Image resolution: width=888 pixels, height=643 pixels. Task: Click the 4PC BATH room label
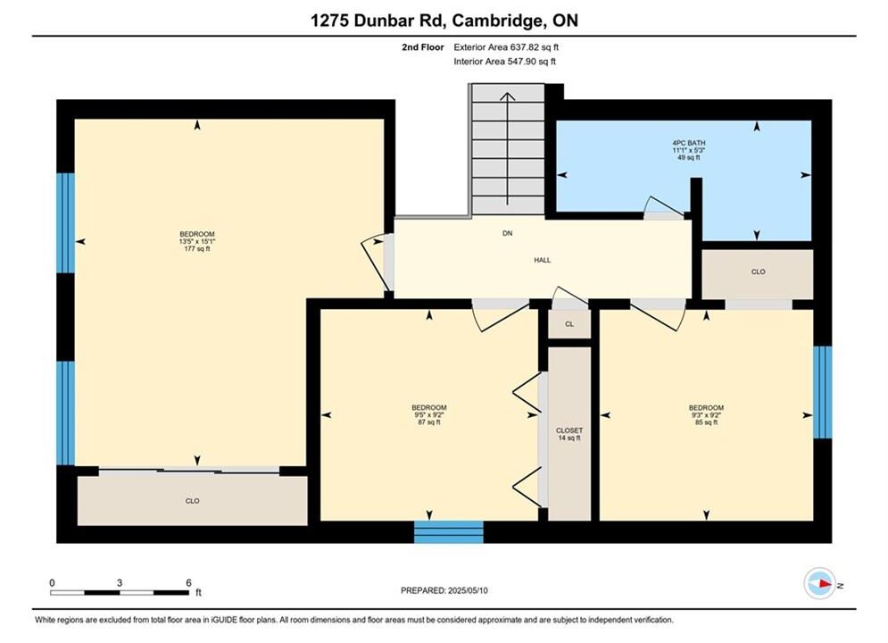coord(689,150)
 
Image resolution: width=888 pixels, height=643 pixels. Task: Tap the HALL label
coord(542,260)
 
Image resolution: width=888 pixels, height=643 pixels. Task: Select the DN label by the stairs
coord(508,233)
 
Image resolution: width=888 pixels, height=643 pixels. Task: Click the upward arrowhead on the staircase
coord(508,97)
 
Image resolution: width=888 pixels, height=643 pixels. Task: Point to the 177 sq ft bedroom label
coord(197,241)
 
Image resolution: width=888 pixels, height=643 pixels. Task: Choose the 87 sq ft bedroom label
coord(428,414)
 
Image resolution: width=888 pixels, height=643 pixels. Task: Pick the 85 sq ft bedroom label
coord(706,414)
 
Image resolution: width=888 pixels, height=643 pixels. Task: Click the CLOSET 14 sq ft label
coord(569,434)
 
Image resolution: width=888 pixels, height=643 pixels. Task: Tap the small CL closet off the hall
coord(569,324)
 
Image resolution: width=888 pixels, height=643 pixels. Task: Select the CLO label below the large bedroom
coord(192,501)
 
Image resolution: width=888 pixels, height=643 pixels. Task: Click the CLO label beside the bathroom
coord(758,271)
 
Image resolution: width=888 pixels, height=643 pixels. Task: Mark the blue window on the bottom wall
coord(449,532)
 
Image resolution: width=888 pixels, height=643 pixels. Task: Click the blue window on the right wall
coord(823,392)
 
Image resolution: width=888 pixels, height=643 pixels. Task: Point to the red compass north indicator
coord(826,583)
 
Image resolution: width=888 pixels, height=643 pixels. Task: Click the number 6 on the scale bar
coord(188,582)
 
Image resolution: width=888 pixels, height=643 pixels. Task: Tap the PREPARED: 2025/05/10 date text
coord(444,590)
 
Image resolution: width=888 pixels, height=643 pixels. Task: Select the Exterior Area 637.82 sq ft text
coord(506,47)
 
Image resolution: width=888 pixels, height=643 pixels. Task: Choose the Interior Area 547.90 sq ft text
coord(504,62)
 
